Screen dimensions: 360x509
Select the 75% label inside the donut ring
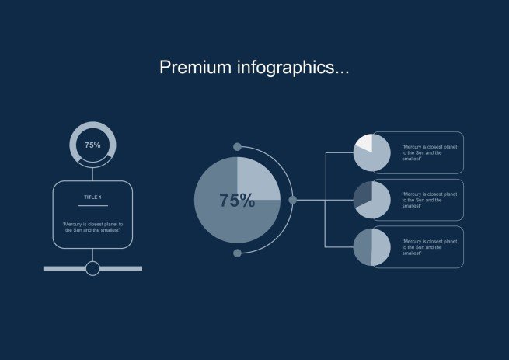92,145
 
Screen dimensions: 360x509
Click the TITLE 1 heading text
92,197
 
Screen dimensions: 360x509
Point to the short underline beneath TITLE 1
92,206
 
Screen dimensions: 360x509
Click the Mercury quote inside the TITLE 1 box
92,227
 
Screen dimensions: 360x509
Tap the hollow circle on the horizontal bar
92,269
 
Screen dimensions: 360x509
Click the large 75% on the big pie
236,201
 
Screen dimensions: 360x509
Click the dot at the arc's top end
237,147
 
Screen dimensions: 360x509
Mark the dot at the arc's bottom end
237,253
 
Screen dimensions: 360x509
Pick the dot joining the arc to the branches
293,200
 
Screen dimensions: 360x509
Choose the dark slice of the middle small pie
363,194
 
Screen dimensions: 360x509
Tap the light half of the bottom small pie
381,246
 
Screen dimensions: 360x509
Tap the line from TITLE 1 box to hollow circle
92,255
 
